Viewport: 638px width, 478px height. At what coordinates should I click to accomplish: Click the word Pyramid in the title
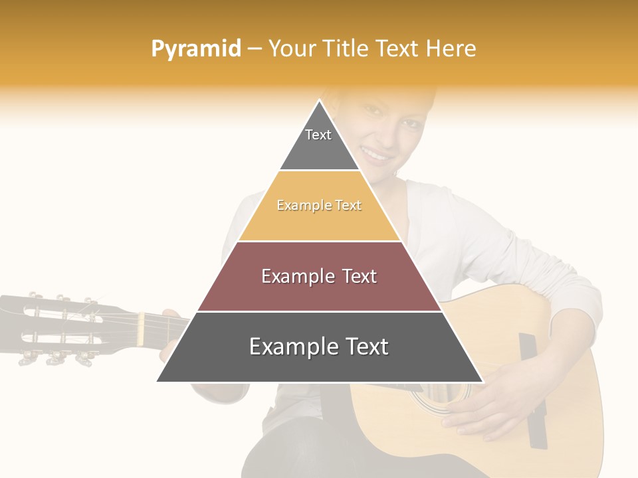coord(196,48)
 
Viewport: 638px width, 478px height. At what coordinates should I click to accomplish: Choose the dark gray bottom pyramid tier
coord(319,362)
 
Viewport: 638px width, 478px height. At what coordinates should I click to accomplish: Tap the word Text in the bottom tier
coord(362,346)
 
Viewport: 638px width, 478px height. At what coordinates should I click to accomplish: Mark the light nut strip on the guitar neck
coord(140,329)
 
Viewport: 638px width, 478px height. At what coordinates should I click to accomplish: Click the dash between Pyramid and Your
coord(255,48)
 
